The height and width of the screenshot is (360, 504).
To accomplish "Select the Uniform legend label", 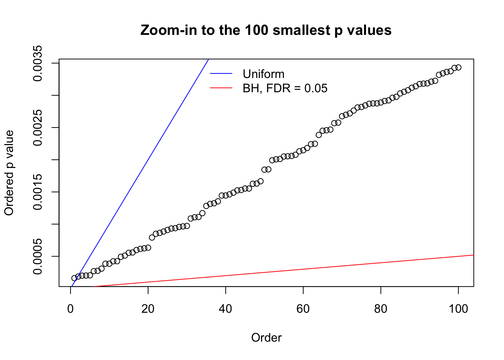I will (x=263, y=74).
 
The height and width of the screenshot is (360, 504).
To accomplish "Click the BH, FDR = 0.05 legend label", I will (x=285, y=88).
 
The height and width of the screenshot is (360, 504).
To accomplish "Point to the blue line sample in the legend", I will (x=221, y=74).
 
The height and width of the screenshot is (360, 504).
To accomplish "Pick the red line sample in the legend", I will (x=221, y=88).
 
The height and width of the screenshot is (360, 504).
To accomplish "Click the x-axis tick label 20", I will (x=148, y=309).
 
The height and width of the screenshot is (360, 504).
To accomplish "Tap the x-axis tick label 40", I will (x=226, y=309).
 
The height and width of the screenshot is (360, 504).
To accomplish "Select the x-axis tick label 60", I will (x=303, y=309).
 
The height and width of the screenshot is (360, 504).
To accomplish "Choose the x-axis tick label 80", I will (x=381, y=309).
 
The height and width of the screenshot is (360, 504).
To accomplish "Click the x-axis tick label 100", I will (x=458, y=309).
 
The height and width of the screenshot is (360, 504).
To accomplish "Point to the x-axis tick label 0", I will (x=70, y=309).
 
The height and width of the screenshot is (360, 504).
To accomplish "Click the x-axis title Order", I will (x=266, y=338).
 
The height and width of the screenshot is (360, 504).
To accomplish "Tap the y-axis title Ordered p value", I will (x=9, y=173).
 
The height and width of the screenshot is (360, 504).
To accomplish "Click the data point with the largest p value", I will (x=458, y=67).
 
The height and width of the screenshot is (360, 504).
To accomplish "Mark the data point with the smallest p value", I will (x=74, y=278).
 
